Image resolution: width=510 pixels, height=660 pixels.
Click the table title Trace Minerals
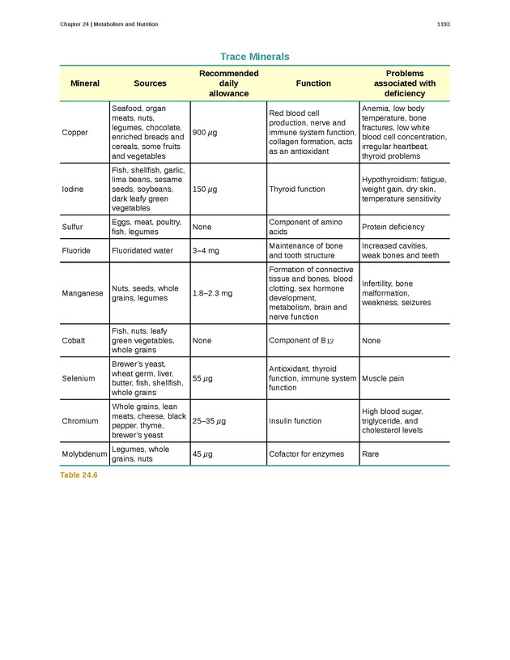(x=254, y=57)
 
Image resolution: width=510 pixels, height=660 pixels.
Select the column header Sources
(x=150, y=83)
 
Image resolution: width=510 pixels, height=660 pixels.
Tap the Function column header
(x=313, y=83)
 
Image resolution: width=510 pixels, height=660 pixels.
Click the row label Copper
(x=74, y=132)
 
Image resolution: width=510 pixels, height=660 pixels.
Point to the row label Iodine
(x=73, y=189)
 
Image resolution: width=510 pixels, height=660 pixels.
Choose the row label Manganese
(x=82, y=293)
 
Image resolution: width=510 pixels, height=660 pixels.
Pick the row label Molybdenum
(x=84, y=454)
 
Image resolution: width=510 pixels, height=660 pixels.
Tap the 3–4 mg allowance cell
(x=206, y=251)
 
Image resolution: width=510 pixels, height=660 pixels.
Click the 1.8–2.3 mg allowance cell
(x=212, y=293)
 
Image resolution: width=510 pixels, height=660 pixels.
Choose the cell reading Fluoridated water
(x=142, y=251)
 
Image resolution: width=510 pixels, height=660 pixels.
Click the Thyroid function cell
(x=297, y=189)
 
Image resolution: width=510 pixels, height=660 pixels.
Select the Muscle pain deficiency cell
(x=383, y=378)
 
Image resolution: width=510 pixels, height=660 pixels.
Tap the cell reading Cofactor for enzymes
(x=306, y=454)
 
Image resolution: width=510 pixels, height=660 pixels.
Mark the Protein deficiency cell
(x=393, y=228)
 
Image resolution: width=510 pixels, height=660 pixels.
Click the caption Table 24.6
(x=79, y=475)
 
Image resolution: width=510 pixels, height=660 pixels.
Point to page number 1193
(x=443, y=24)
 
